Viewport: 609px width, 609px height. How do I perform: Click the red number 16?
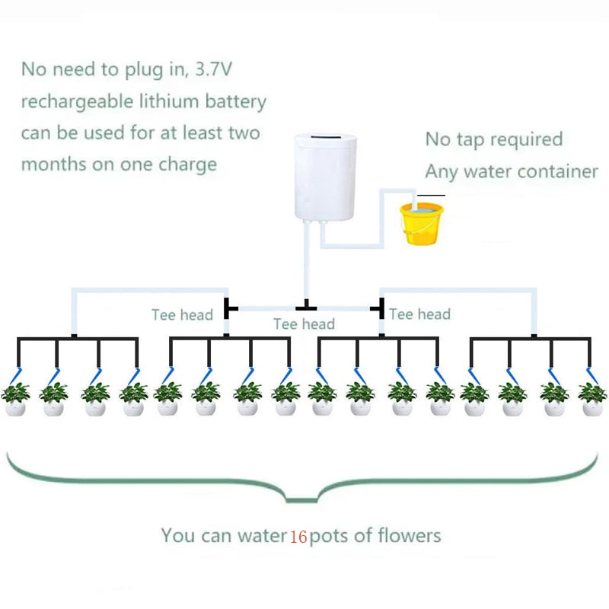point(298,537)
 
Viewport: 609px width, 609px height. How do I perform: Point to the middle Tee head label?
point(304,324)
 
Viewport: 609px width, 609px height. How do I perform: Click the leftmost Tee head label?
point(182,314)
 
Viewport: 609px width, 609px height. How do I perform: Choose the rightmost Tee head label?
point(419,314)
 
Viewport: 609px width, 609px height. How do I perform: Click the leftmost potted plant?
point(15,399)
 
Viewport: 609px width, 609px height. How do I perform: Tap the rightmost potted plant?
point(592,399)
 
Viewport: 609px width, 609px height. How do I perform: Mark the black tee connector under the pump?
point(306,307)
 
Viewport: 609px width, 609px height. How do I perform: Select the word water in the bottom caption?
point(260,536)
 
